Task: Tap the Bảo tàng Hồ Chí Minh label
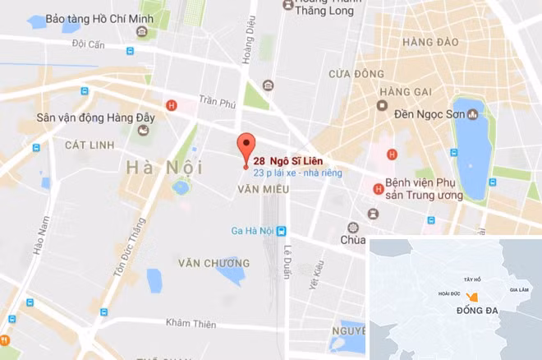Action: [89, 18]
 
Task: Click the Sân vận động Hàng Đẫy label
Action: [85, 118]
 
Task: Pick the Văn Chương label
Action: [214, 263]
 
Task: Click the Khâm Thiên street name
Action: [191, 324]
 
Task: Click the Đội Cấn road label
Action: [88, 44]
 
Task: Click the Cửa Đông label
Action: [351, 74]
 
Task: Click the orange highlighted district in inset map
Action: [471, 296]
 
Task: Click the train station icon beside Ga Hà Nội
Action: [282, 231]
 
